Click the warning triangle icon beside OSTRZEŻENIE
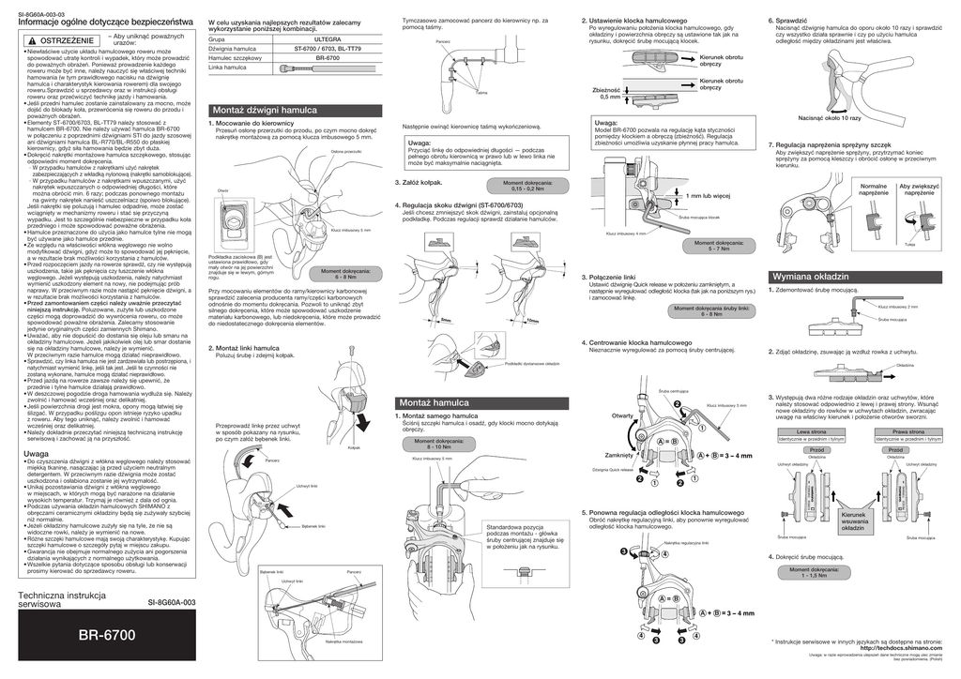coord(31,41)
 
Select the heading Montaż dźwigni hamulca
coord(266,110)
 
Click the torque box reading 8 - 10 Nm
coord(431,446)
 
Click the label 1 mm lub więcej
coord(708,197)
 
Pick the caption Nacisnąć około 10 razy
coord(829,118)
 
